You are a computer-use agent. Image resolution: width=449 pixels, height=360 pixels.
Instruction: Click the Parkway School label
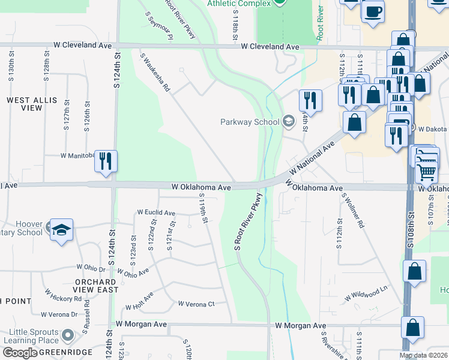pos(250,122)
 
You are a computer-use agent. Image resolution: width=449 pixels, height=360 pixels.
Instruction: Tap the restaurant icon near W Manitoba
pos(106,161)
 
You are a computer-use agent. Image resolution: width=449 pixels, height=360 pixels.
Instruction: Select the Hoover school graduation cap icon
pos(61,230)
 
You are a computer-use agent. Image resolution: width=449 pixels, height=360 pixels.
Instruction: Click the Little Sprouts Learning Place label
pos(34,337)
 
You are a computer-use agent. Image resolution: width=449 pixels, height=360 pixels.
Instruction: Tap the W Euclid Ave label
pos(156,212)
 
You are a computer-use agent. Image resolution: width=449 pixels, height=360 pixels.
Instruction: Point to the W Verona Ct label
pos(196,304)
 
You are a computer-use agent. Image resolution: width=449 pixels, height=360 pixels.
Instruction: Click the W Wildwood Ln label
pos(367,293)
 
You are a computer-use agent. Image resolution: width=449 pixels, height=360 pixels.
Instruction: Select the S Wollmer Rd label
pos(353,210)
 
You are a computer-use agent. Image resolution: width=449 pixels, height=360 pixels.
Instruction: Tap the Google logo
pos(20,353)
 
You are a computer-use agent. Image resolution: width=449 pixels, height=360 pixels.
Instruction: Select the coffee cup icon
pos(373,11)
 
